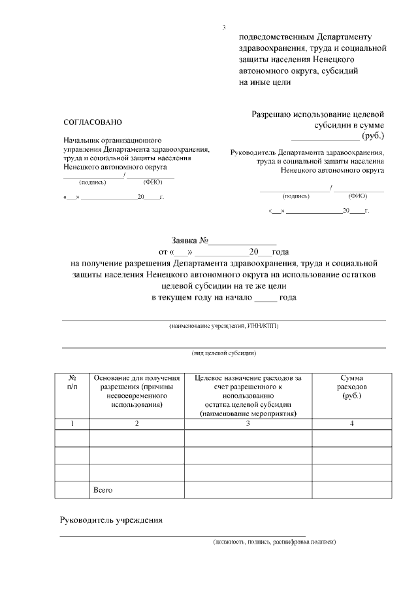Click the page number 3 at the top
point(223,27)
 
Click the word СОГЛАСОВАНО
point(92,123)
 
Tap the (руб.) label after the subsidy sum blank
point(373,135)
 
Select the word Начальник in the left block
point(82,141)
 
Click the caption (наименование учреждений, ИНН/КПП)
point(223,326)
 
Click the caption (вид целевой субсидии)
point(223,353)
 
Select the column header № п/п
point(72,383)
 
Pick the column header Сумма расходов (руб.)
point(352,387)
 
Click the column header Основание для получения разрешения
point(137,391)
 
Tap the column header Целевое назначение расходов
point(248,396)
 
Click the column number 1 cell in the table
point(72,424)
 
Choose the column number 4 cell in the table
point(352,424)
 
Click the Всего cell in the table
point(104,489)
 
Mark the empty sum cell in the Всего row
point(352,489)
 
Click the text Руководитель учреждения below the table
point(111,521)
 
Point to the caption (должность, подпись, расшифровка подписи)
point(274,542)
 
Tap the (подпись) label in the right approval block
point(296,196)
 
